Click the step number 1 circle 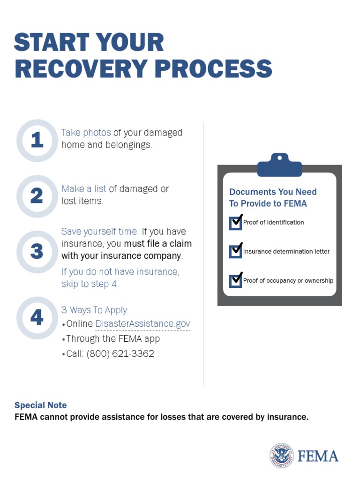pyautogui.click(x=37, y=141)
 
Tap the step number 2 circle pyautogui.click(x=37, y=196)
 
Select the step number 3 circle pyautogui.click(x=37, y=252)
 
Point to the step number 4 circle pyautogui.click(x=37, y=318)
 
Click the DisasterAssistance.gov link pyautogui.click(x=142, y=324)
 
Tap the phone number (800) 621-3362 pyautogui.click(x=120, y=354)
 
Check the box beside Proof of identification pyautogui.click(x=235, y=223)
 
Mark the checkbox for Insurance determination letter pyautogui.click(x=235, y=252)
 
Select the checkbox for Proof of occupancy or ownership pyautogui.click(x=235, y=281)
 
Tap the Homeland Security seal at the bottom pyautogui.click(x=281, y=456)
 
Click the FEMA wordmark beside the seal pyautogui.click(x=318, y=456)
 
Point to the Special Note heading pyautogui.click(x=40, y=405)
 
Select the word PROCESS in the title pyautogui.click(x=213, y=68)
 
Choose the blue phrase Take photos pyautogui.click(x=86, y=133)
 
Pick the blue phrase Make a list pyautogui.click(x=84, y=189)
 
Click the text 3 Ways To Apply pyautogui.click(x=94, y=310)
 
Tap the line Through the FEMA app pyautogui.click(x=112, y=339)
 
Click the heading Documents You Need pyautogui.click(x=273, y=192)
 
